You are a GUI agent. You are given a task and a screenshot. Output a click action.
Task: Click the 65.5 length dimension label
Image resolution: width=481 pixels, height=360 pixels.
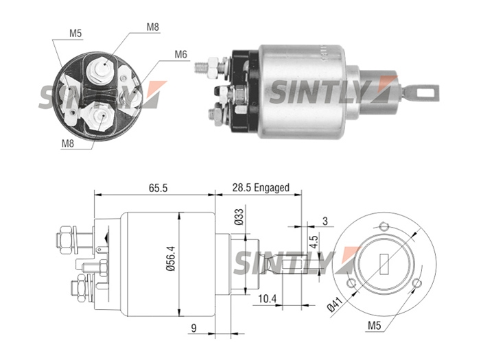pyautogui.click(x=158, y=188)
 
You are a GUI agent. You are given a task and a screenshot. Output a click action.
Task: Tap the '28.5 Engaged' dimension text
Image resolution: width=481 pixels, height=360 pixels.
pyautogui.click(x=261, y=187)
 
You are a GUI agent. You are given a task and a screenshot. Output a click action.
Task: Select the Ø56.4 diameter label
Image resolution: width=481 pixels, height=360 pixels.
pyautogui.click(x=170, y=259)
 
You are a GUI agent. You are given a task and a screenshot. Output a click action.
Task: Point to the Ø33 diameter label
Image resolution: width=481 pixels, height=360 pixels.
pyautogui.click(x=239, y=217)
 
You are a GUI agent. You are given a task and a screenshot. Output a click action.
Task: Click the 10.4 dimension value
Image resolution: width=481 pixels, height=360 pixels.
pyautogui.click(x=267, y=298)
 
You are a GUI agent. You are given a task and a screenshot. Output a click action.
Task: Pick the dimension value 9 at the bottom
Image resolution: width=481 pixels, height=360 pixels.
pyautogui.click(x=193, y=328)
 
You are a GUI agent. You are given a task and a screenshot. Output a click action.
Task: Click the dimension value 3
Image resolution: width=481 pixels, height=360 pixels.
pyautogui.click(x=325, y=221)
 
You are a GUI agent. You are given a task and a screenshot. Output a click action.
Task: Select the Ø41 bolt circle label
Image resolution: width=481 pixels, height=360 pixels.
pyautogui.click(x=335, y=304)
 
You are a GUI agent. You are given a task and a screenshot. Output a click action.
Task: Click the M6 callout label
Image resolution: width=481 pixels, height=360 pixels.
pyautogui.click(x=180, y=54)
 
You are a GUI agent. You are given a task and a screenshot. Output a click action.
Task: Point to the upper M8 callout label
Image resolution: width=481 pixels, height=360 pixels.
pyautogui.click(x=153, y=27)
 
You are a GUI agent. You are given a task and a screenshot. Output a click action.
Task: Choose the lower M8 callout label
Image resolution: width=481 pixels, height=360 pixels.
pyautogui.click(x=68, y=143)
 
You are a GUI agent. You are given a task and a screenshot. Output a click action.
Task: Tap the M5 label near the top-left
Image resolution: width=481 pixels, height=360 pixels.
pyautogui.click(x=75, y=34)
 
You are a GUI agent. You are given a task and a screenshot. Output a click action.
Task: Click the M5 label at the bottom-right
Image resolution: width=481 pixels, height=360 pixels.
pyautogui.click(x=374, y=325)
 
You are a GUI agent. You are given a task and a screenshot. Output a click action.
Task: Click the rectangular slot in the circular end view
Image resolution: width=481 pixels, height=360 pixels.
pyautogui.click(x=384, y=264)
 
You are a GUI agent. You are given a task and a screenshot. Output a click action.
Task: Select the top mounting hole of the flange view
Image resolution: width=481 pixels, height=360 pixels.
pyautogui.click(x=384, y=227)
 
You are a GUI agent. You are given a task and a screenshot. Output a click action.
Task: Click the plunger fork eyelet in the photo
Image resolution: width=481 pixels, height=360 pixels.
pyautogui.click(x=424, y=93)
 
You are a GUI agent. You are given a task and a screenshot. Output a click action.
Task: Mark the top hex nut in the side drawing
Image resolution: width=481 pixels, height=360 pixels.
pyautogui.click(x=65, y=240)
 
